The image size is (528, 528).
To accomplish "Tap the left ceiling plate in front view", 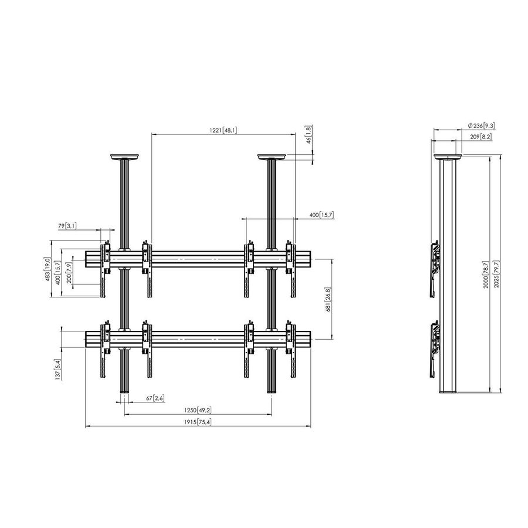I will click(124, 157).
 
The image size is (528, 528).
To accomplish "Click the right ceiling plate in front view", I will click(271, 157).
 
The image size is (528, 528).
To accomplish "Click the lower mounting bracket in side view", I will click(434, 346).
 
